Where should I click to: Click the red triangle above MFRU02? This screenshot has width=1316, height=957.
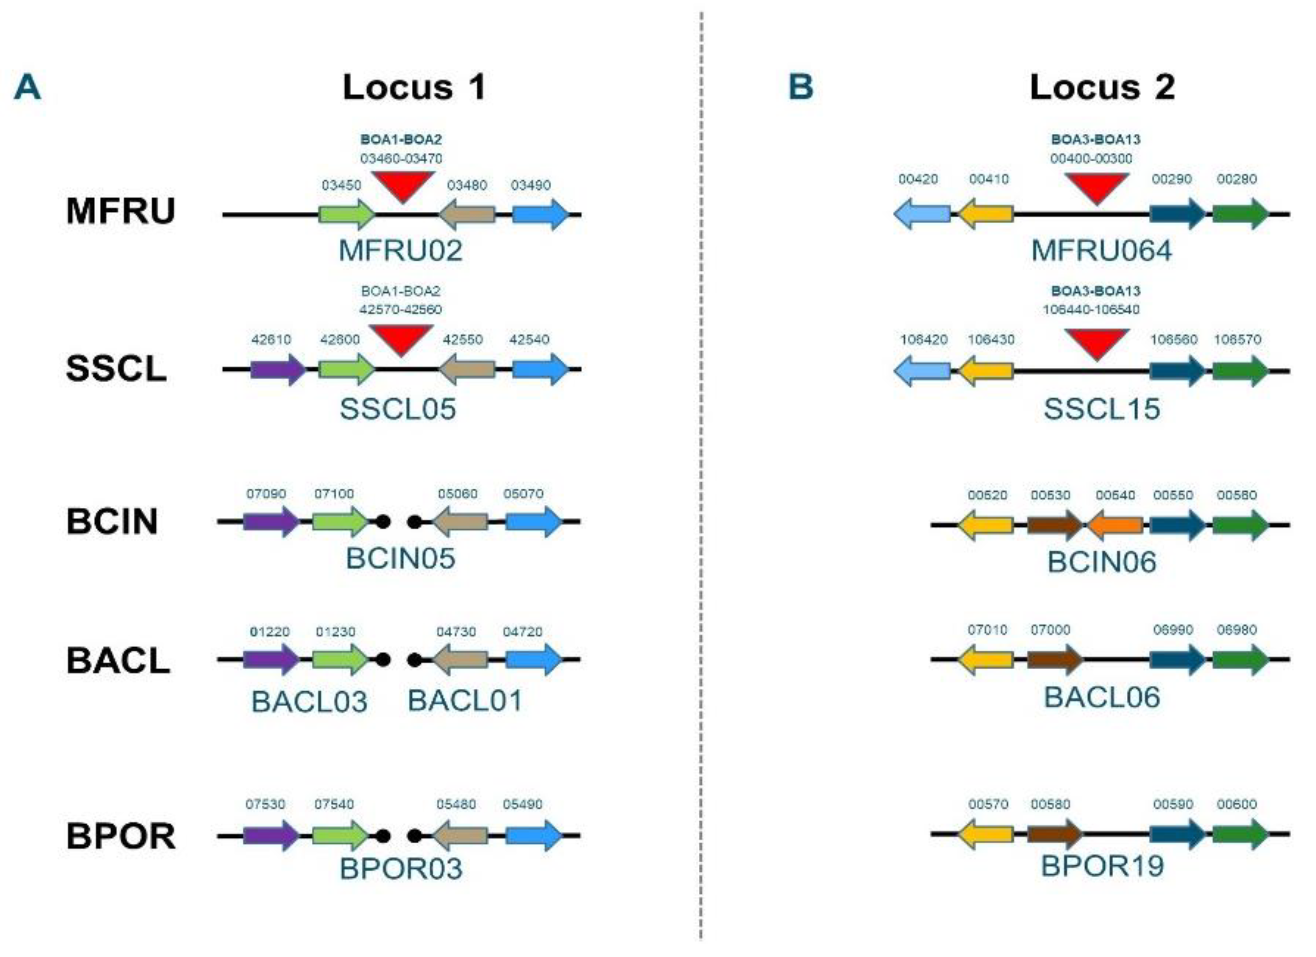click(x=403, y=185)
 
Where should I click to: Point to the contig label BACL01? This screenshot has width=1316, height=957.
click(x=465, y=701)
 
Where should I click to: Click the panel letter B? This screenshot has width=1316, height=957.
click(x=801, y=87)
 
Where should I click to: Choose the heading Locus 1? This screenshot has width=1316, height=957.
click(x=414, y=87)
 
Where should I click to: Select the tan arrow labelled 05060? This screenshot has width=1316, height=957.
click(x=461, y=522)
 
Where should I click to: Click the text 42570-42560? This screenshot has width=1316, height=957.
click(x=400, y=310)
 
